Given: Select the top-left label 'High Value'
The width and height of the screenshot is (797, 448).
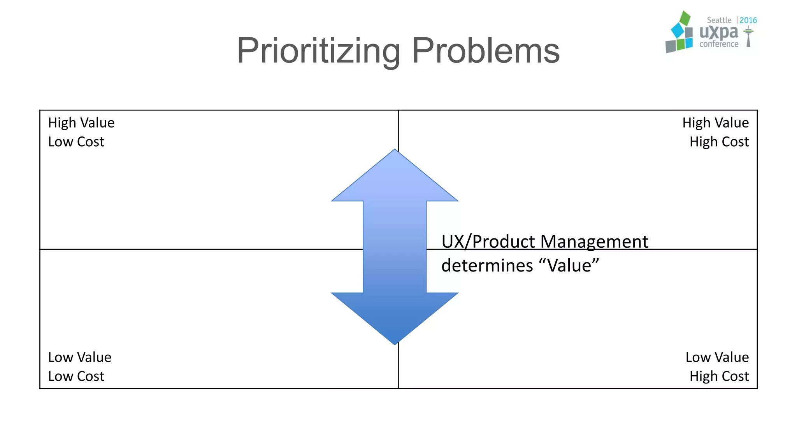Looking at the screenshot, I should [81, 123].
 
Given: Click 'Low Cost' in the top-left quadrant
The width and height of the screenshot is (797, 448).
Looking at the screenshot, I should [76, 142].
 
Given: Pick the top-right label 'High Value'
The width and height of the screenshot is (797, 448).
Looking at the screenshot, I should [715, 123].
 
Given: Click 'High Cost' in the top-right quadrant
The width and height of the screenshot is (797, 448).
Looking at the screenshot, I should [719, 142].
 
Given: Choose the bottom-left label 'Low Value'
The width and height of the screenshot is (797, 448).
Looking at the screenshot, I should [80, 357].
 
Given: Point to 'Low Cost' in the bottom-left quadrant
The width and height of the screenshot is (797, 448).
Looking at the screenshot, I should [76, 376].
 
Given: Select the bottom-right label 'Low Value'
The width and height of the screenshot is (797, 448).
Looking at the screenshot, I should [717, 357].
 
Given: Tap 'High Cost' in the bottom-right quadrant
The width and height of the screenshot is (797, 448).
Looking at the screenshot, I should [719, 376].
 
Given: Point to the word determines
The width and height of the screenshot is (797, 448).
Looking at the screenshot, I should [487, 266].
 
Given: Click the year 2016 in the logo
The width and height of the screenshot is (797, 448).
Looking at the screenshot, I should [748, 20].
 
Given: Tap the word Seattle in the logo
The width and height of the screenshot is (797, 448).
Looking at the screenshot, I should [719, 20].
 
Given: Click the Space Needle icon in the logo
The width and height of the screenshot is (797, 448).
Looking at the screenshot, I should [748, 37].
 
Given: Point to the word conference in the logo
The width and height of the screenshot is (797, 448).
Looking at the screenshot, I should [719, 44].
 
